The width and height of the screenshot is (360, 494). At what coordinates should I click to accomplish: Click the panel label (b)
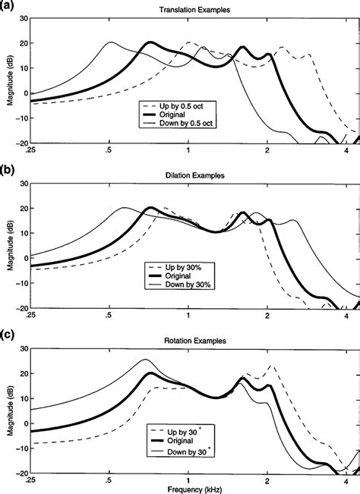coord(8,168)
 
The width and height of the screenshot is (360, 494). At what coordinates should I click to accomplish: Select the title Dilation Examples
coord(191,176)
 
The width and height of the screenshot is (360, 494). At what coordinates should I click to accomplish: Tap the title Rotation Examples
coord(191,339)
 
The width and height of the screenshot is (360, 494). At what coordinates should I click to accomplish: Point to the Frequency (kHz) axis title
coord(191,489)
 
